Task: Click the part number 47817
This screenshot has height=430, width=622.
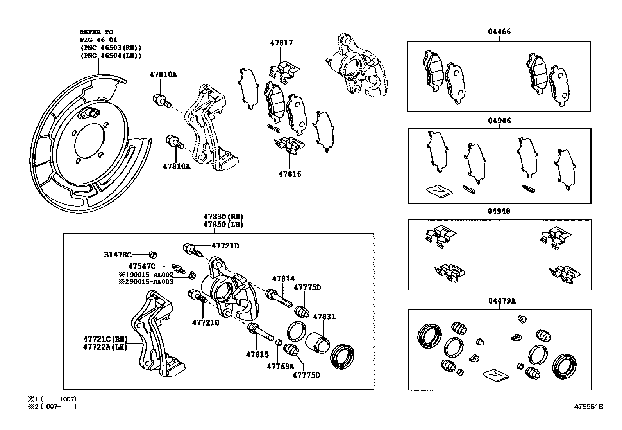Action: click(281, 43)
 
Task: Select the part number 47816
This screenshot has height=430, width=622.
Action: click(290, 174)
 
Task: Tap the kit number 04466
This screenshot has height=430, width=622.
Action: click(499, 31)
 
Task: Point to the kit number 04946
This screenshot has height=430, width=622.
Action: click(499, 121)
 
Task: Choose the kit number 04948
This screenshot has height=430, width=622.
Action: click(499, 211)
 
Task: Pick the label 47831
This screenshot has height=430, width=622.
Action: click(324, 317)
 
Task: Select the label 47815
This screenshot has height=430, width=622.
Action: click(257, 354)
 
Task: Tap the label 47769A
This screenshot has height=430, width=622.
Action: click(280, 366)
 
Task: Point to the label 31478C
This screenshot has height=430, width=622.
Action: click(118, 255)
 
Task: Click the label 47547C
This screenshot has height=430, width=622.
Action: click(142, 266)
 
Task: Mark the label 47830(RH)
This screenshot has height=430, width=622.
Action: click(223, 217)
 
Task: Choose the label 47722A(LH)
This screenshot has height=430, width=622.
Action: click(105, 347)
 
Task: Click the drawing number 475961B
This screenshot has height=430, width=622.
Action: click(588, 407)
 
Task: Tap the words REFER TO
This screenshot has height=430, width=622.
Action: click(97, 32)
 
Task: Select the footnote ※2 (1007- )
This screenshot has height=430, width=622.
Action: click(52, 407)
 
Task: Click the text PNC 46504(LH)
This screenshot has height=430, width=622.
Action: click(111, 56)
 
